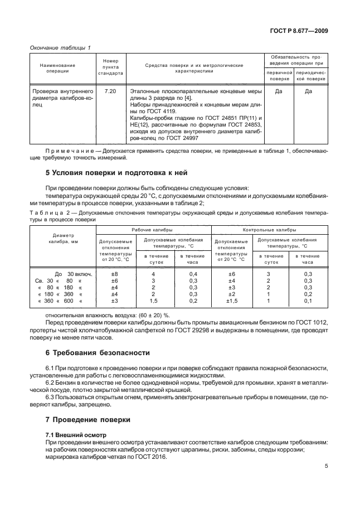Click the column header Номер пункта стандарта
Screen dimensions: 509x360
pos(110,67)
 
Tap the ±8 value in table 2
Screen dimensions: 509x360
pos(115,258)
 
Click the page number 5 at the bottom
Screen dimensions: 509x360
pos(326,469)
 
